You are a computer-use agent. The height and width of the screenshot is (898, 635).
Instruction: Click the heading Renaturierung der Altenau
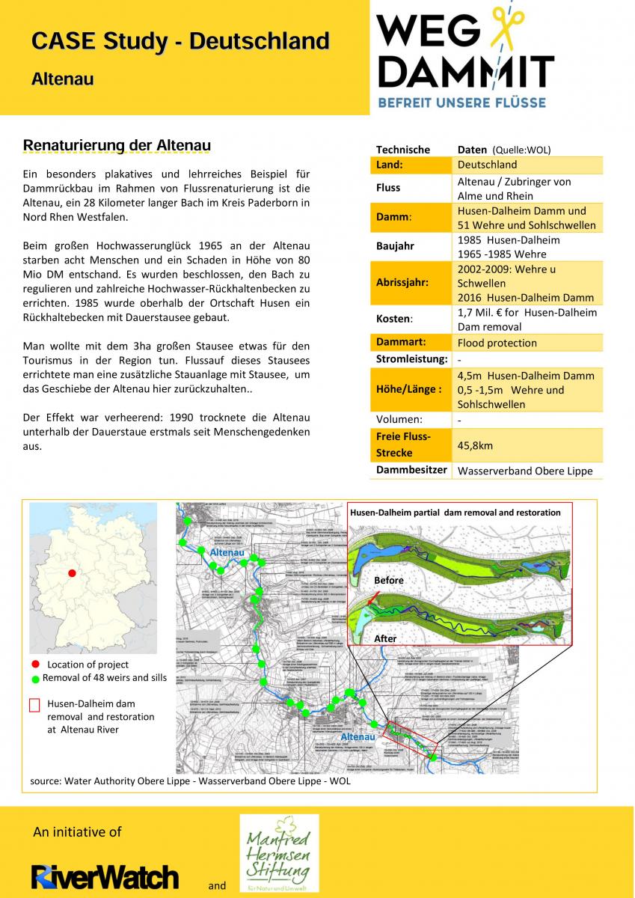pyautogui.click(x=117, y=144)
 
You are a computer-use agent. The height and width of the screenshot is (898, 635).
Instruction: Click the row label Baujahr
pyautogui.click(x=395, y=246)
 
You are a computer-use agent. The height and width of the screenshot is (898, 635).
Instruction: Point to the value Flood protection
pyautogui.click(x=497, y=343)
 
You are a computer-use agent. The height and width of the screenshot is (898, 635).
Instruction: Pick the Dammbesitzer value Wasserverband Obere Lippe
pyautogui.click(x=524, y=471)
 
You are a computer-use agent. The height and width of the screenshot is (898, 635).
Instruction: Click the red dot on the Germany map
pyautogui.click(x=72, y=573)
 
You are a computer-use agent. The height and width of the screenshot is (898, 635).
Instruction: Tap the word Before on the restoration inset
pyautogui.click(x=388, y=580)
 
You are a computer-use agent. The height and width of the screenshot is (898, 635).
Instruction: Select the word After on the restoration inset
pyautogui.click(x=385, y=639)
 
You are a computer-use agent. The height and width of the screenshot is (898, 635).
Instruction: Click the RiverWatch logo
pyautogui.click(x=105, y=876)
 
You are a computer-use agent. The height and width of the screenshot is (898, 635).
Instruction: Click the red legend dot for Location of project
pyautogui.click(x=35, y=665)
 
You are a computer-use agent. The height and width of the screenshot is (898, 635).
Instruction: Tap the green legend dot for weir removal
pyautogui.click(x=35, y=679)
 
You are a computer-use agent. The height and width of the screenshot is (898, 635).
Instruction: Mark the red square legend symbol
pyautogui.click(x=34, y=705)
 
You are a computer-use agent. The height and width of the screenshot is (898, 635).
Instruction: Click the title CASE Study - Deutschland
pyautogui.click(x=180, y=41)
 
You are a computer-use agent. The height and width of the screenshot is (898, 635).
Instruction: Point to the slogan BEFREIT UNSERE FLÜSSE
pyautogui.click(x=462, y=102)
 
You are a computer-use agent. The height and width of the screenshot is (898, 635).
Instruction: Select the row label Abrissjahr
pyautogui.click(x=402, y=283)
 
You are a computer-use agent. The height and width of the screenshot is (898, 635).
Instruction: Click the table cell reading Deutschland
pyautogui.click(x=487, y=165)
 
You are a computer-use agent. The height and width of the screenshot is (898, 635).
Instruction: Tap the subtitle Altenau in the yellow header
pyautogui.click(x=62, y=79)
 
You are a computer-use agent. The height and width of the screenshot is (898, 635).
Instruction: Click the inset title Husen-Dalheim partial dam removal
pyautogui.click(x=455, y=513)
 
